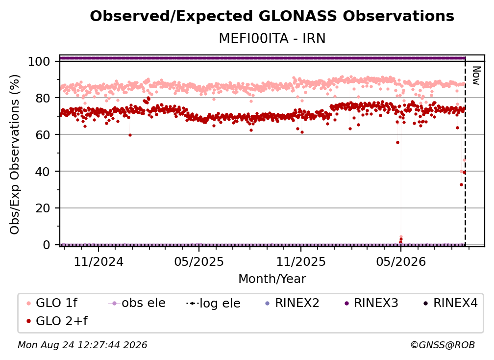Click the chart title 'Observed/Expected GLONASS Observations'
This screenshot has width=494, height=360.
[x=272, y=16]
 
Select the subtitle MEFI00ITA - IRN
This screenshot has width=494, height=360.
[x=272, y=38]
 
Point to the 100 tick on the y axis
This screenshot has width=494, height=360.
[x=39, y=61]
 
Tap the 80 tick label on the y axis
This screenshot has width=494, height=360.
[x=43, y=98]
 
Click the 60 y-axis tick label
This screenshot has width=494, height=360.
[x=43, y=135]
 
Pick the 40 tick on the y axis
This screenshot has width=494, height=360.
[x=43, y=172]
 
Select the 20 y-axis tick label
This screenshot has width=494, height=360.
[x=43, y=208]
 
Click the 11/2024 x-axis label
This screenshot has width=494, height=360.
[x=99, y=261]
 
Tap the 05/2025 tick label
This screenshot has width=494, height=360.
[x=199, y=261]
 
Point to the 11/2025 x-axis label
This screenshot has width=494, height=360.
[x=301, y=261]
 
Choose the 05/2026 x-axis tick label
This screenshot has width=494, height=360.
[x=401, y=261]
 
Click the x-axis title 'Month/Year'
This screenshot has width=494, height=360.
[x=272, y=279]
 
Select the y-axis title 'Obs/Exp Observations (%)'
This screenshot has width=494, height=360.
[x=15, y=154]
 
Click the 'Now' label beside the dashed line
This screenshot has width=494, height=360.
[x=477, y=76]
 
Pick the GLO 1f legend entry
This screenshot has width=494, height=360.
[x=52, y=303]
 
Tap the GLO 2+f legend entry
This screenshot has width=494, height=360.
[x=57, y=321]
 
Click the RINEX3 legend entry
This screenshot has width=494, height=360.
[x=371, y=303]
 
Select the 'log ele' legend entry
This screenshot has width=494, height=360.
[x=213, y=303]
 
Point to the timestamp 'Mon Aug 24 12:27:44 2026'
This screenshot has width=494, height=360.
[x=82, y=345]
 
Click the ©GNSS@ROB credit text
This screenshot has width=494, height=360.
[x=443, y=345]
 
